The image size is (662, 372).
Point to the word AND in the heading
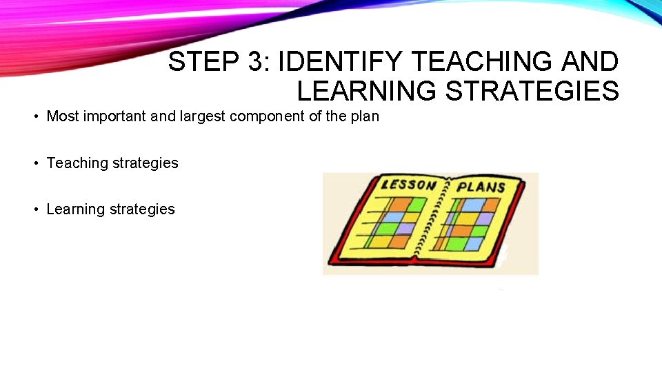pos(590,62)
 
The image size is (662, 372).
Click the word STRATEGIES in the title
pos(532,91)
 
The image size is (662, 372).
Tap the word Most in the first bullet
pos(60,116)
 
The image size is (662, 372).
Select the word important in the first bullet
pos(112,116)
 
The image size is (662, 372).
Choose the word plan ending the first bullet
pos(365,116)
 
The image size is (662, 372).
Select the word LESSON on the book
pos(410,184)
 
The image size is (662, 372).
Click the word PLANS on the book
pos(481,187)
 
